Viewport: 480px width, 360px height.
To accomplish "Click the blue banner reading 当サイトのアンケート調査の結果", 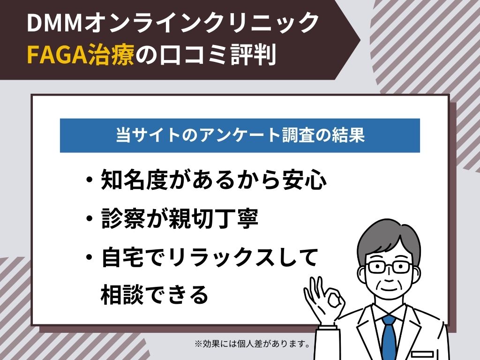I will coord(240,135).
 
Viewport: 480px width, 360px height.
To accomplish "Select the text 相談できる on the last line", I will coord(154,294).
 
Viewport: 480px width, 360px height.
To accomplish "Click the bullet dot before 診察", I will coord(90,219).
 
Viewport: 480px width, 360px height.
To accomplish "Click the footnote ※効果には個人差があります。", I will coord(253,344).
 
